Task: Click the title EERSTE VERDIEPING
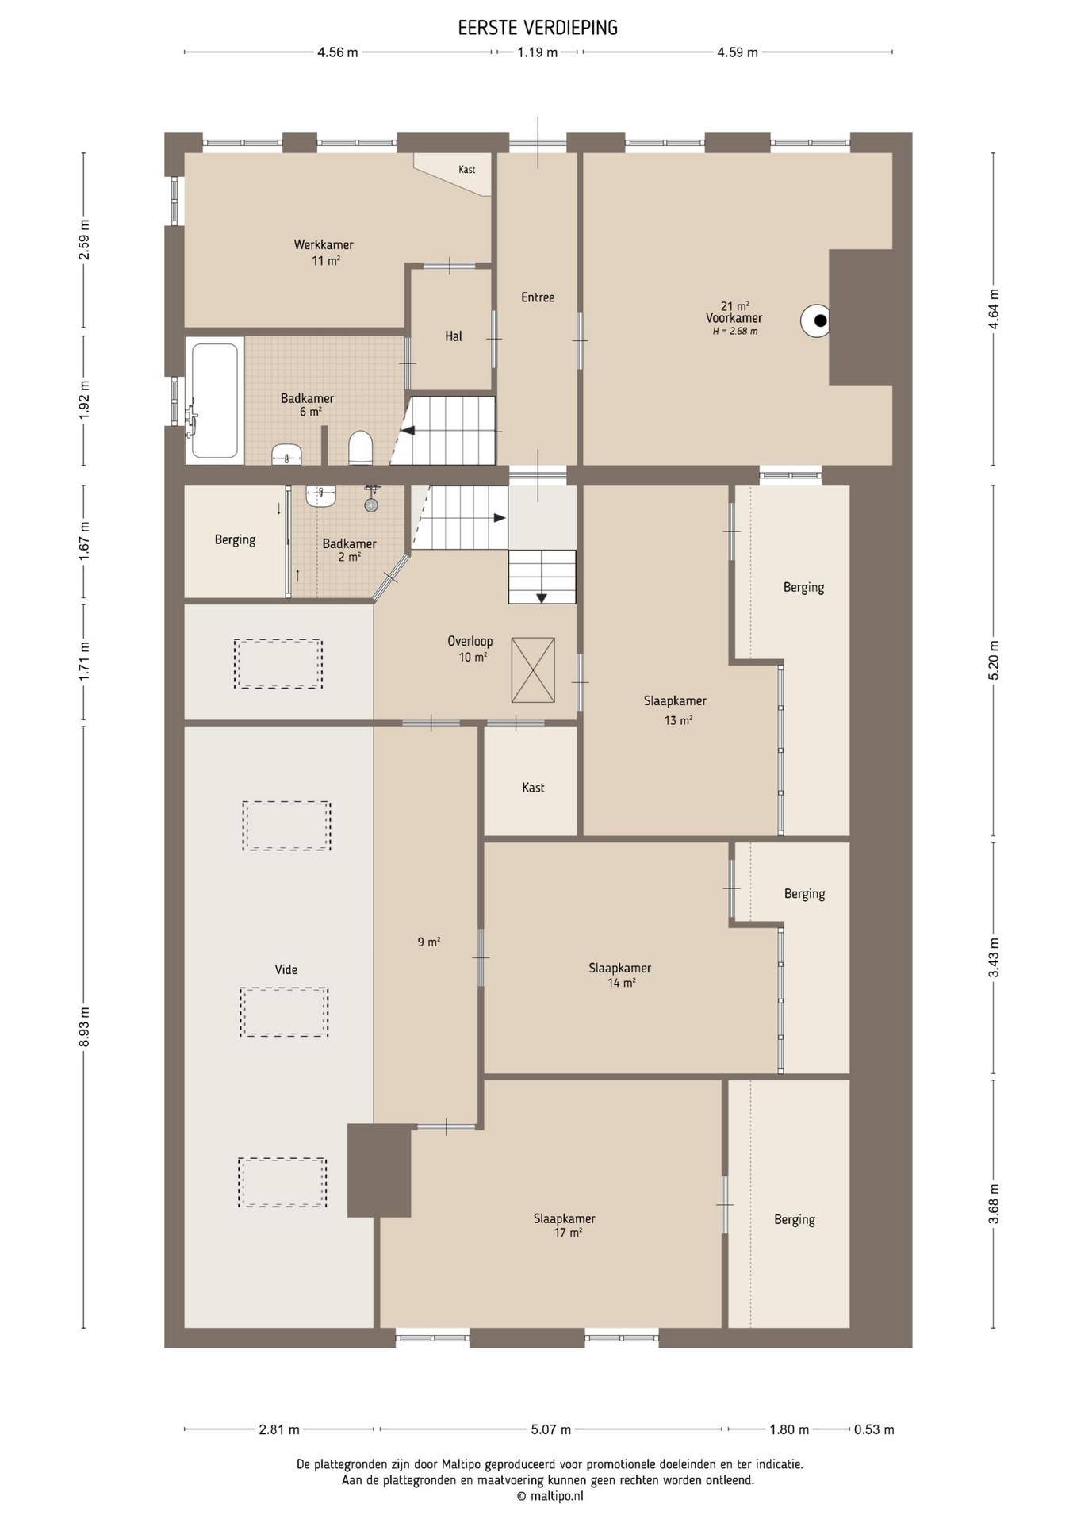coord(538,28)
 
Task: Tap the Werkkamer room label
coord(324,245)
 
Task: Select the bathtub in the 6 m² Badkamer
coord(214,401)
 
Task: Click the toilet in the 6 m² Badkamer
coord(361,447)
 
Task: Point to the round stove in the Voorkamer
coord(816,320)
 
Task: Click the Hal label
coord(453,336)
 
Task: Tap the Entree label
coord(538,297)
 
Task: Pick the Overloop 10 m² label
coord(470,649)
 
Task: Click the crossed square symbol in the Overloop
coord(533,670)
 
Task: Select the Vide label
coord(286,969)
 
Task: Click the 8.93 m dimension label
coord(84,1026)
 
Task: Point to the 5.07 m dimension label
coord(551,1429)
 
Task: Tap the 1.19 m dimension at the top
coord(538,52)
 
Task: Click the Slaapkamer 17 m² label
coord(565,1225)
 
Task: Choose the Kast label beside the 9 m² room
coord(533,788)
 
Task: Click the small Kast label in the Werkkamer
coord(467,170)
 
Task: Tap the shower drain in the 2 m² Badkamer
coord(371,504)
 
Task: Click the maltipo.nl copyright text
coord(550,1496)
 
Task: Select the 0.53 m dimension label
coord(874,1429)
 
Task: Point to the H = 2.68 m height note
coord(735,331)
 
